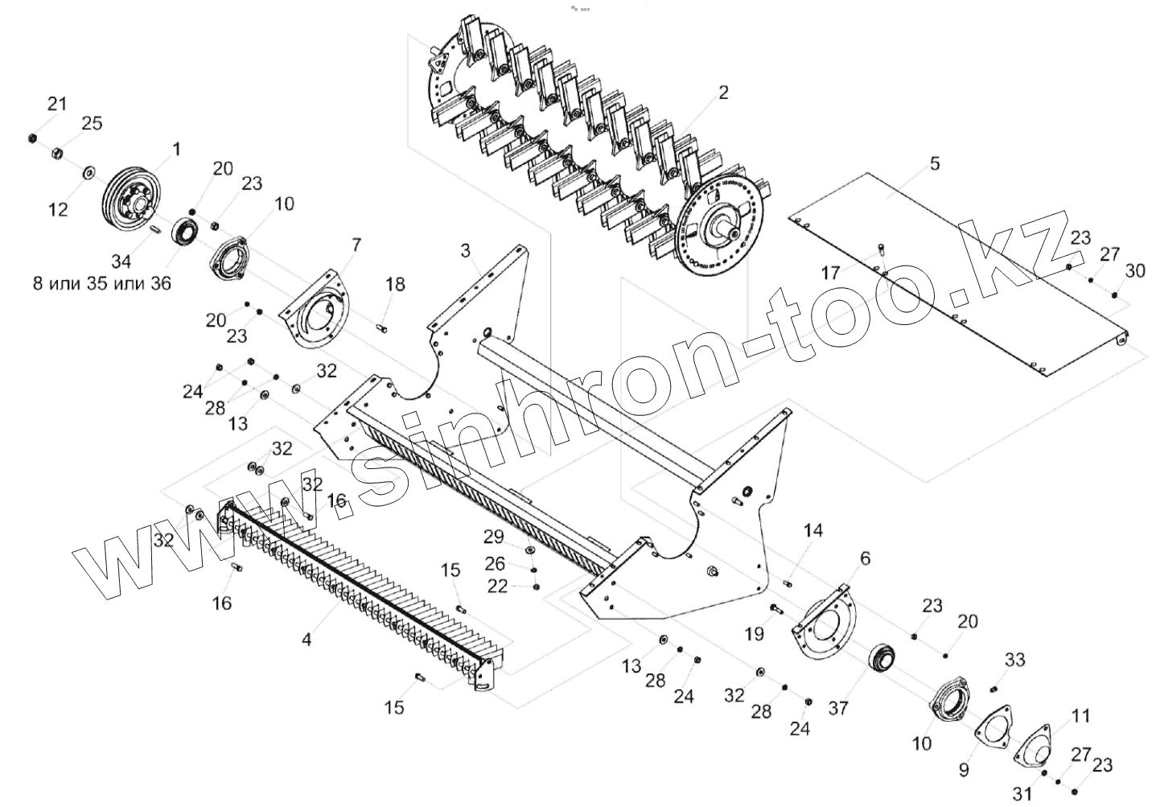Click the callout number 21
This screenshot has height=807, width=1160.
56,103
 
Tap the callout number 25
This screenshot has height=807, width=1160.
92,123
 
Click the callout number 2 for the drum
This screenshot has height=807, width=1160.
723,93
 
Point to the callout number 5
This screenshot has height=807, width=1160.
934,163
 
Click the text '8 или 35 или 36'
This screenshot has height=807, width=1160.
101,284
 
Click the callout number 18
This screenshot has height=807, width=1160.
395,284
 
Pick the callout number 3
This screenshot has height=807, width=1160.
465,250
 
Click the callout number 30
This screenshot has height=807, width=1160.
1134,271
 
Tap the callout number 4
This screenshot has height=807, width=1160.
306,640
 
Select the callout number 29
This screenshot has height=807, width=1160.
493,537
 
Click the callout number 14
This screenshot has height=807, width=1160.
813,530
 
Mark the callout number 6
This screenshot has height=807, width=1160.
865,558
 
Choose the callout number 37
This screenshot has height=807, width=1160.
838,708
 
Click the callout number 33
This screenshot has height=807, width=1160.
1015,660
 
